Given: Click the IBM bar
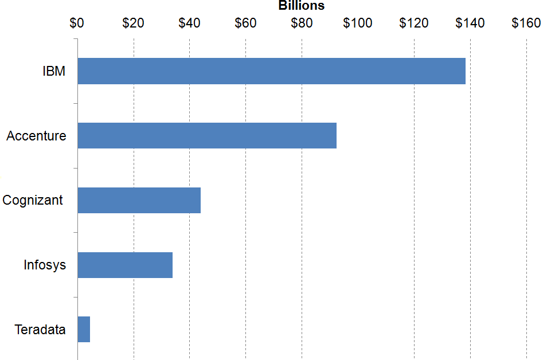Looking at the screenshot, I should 271,71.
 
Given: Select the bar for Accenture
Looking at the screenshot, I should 207,136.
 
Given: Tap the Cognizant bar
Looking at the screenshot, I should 139,200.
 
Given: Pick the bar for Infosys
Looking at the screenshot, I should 125,265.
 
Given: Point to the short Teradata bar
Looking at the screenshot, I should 84,330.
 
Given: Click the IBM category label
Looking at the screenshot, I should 54,72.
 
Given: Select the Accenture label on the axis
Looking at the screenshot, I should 36,136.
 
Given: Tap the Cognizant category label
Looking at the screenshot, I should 33,201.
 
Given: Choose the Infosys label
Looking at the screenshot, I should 45,265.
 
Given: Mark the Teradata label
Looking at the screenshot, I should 40,330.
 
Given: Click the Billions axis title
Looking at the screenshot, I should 302,6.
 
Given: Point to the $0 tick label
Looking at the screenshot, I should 77,23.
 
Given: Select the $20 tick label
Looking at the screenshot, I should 133,23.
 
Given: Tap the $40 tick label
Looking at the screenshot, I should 189,23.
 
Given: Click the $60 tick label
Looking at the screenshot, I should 245,23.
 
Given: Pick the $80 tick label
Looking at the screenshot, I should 302,23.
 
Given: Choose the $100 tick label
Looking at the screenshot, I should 358,23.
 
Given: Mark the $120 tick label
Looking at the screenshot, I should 414,23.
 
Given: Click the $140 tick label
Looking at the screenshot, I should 470,23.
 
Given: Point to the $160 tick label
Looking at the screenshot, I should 526,23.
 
